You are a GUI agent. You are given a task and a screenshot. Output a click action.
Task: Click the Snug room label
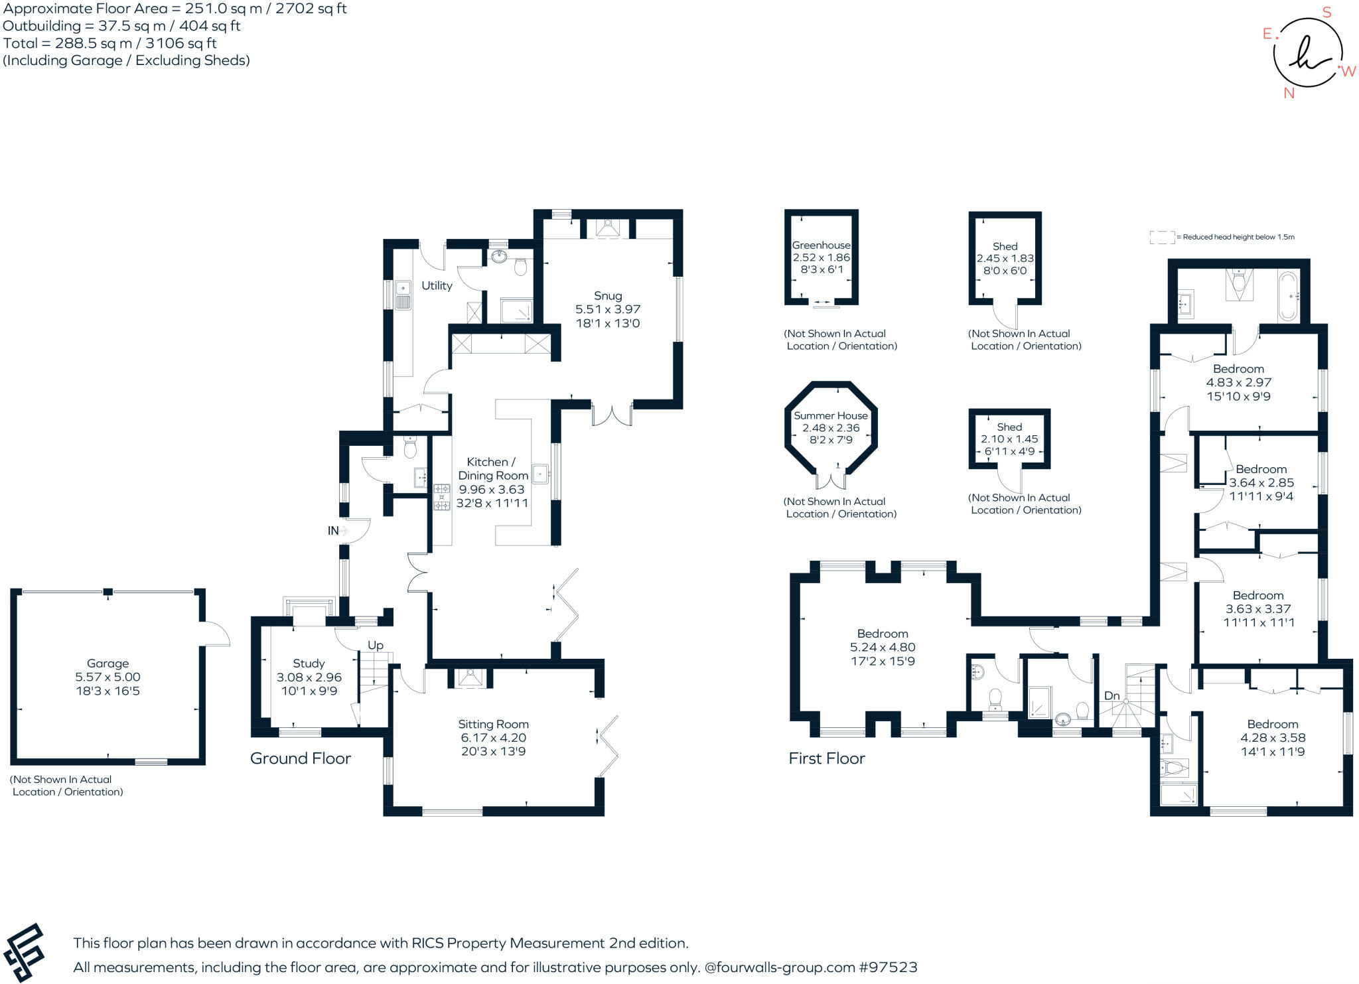tap(608, 296)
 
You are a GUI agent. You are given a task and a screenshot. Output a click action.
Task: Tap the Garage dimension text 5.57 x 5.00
tap(107, 677)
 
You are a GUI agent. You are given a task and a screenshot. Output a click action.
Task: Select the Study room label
tap(309, 664)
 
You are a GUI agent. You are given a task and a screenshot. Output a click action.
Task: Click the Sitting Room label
tap(493, 725)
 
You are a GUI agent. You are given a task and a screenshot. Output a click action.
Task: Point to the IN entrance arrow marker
tap(343, 531)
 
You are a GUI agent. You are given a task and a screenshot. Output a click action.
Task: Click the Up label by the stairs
tap(376, 646)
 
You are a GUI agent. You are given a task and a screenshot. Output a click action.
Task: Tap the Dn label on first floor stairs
tap(1111, 696)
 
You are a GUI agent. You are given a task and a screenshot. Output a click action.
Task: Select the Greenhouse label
tap(821, 246)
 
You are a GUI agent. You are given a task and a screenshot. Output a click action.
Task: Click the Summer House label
tap(830, 416)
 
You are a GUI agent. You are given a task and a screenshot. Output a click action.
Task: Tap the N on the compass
tap(1289, 94)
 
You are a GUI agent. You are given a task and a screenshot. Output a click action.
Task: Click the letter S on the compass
tap(1326, 13)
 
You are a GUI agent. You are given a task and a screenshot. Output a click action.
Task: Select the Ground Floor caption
tap(300, 759)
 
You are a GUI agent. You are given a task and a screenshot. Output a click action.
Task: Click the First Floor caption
tap(827, 759)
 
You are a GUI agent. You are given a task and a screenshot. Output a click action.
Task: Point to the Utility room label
tap(437, 286)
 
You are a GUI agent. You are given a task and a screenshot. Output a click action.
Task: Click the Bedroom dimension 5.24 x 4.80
tap(882, 648)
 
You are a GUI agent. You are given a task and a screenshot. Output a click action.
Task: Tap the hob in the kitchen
tap(441, 497)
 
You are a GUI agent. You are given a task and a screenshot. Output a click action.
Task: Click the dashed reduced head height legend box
tap(1162, 238)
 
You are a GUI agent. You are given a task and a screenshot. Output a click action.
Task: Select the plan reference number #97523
tap(888, 967)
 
